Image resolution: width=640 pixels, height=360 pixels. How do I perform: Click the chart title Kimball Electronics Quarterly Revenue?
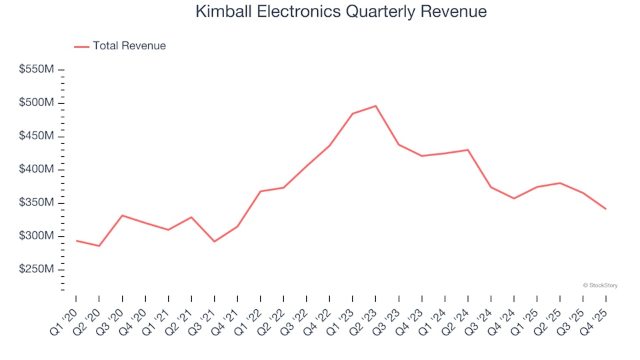341,11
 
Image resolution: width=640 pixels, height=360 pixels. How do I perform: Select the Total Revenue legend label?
129,46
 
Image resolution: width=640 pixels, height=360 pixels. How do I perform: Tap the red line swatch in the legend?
81,46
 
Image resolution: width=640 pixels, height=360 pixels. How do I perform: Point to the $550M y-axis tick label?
38,69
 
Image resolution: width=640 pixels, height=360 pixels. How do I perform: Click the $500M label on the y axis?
38,103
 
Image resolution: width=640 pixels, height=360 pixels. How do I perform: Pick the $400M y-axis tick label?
38,169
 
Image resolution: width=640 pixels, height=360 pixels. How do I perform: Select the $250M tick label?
38,269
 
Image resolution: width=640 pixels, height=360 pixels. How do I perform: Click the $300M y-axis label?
38,236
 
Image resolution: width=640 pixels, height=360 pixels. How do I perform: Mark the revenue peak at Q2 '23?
376,106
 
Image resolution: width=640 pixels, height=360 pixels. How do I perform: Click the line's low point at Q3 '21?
214,241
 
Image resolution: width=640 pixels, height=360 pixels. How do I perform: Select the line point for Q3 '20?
122,215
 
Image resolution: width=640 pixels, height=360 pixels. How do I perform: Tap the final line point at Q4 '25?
606,209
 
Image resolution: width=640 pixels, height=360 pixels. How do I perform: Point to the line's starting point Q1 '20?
76,241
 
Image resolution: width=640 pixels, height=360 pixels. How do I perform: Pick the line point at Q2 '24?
468,149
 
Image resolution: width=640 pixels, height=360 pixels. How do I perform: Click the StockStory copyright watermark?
600,285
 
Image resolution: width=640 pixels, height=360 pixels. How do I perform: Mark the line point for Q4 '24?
514,199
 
